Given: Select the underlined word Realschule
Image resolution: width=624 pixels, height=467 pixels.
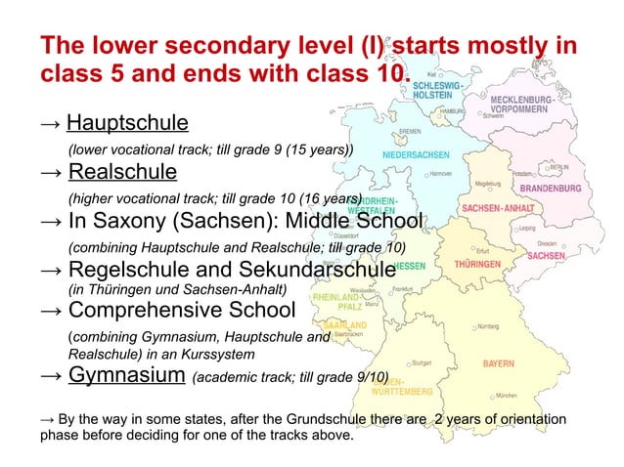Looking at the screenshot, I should click(x=122, y=173).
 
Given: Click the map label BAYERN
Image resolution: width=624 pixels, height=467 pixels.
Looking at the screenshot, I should click(x=497, y=363).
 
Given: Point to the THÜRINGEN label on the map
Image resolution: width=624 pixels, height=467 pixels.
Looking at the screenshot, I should click(x=478, y=264).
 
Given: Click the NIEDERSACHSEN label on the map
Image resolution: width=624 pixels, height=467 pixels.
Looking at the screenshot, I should click(x=415, y=153).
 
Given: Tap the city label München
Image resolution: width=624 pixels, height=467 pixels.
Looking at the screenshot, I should click(x=507, y=396).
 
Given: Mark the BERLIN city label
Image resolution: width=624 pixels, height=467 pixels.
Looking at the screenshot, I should click(x=559, y=167).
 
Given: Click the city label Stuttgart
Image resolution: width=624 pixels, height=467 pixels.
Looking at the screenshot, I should click(x=423, y=361).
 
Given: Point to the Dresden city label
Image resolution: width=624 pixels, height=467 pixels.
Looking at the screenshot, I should click(x=548, y=243).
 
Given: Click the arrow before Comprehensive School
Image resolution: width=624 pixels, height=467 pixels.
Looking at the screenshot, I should click(x=52, y=312).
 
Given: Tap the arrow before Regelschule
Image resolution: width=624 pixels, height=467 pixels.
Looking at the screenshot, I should click(x=52, y=269).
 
